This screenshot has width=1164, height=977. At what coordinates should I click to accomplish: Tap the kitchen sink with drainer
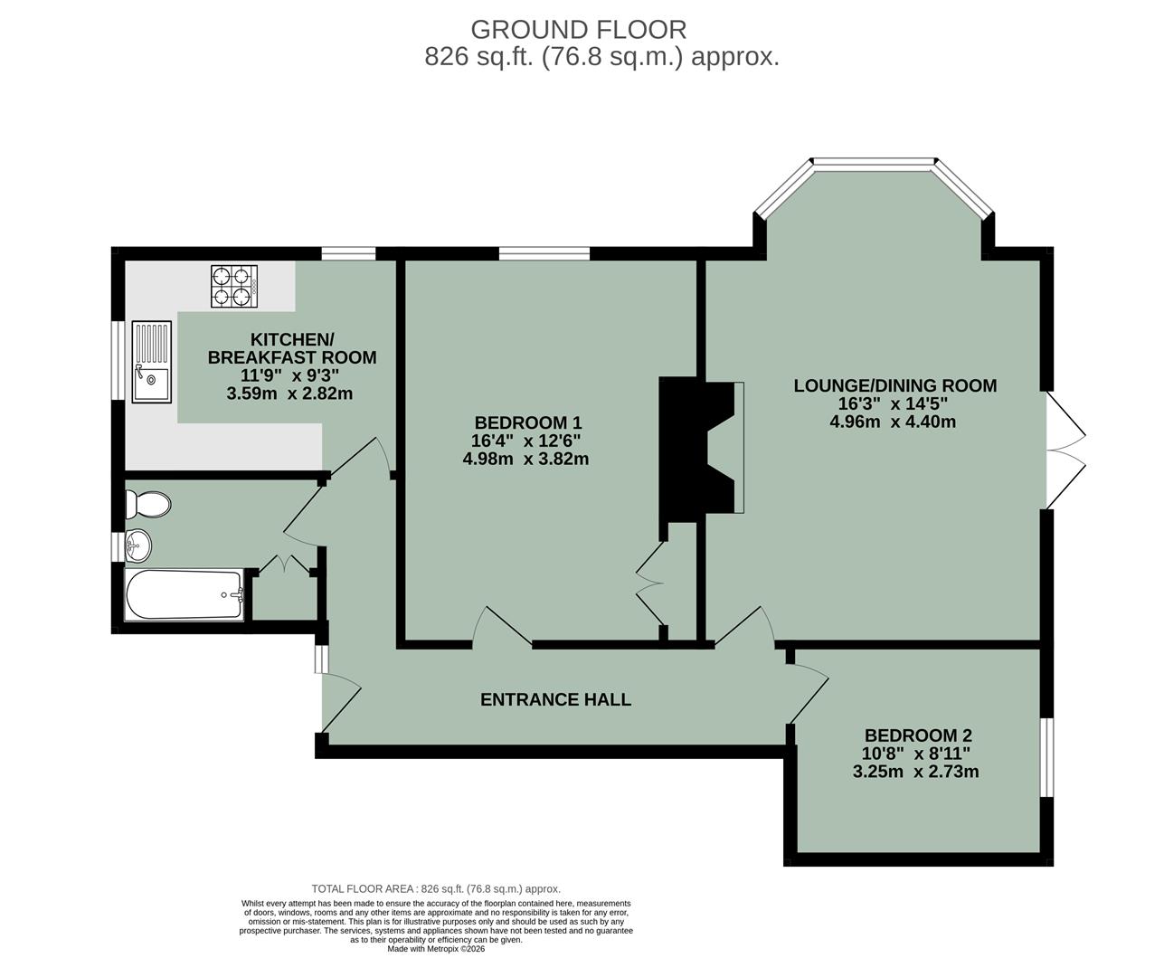pos(151,361)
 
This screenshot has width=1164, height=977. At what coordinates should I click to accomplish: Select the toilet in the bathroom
pos(148,504)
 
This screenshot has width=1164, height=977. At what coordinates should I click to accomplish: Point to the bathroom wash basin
pos(138,545)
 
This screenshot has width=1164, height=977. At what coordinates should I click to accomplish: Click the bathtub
pos(185,595)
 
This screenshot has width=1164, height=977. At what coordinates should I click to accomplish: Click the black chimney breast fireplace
pos(696,450)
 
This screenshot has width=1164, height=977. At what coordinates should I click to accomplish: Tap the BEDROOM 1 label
pos(527,422)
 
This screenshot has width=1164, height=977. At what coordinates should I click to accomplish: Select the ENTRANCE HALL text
pos(555,699)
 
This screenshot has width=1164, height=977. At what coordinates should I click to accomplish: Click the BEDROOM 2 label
pos(917,735)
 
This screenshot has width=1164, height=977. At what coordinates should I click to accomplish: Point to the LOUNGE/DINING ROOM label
pos(894,385)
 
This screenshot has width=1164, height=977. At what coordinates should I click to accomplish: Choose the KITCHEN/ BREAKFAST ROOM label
pos(292,348)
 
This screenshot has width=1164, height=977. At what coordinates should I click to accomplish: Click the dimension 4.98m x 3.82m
pos(525,459)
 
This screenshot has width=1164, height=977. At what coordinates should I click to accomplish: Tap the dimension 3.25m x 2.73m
pos(915,772)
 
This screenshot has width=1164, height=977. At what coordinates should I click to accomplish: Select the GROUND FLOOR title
pos(578,30)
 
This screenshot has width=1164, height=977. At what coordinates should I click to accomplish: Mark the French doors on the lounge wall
pos(1065,451)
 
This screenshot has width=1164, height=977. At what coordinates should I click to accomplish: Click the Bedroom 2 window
pos(1046,758)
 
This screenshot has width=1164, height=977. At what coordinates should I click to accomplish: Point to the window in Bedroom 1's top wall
pos(544,253)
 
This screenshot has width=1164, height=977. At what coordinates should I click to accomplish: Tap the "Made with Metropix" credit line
pos(436,949)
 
